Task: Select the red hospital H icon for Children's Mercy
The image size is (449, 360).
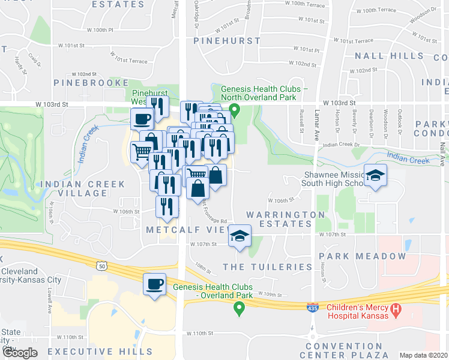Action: pos(396,311)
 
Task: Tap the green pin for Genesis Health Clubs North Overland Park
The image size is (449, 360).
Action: pos(236,110)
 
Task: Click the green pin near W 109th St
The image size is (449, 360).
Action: pos(239,308)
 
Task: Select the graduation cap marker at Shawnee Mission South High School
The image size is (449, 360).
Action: pos(376,175)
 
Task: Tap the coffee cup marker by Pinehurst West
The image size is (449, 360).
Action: pos(141,119)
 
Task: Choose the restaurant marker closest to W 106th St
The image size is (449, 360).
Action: pos(166,206)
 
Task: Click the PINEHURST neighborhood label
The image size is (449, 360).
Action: pos(228,41)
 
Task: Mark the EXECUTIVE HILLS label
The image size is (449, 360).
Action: pos(100,351)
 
